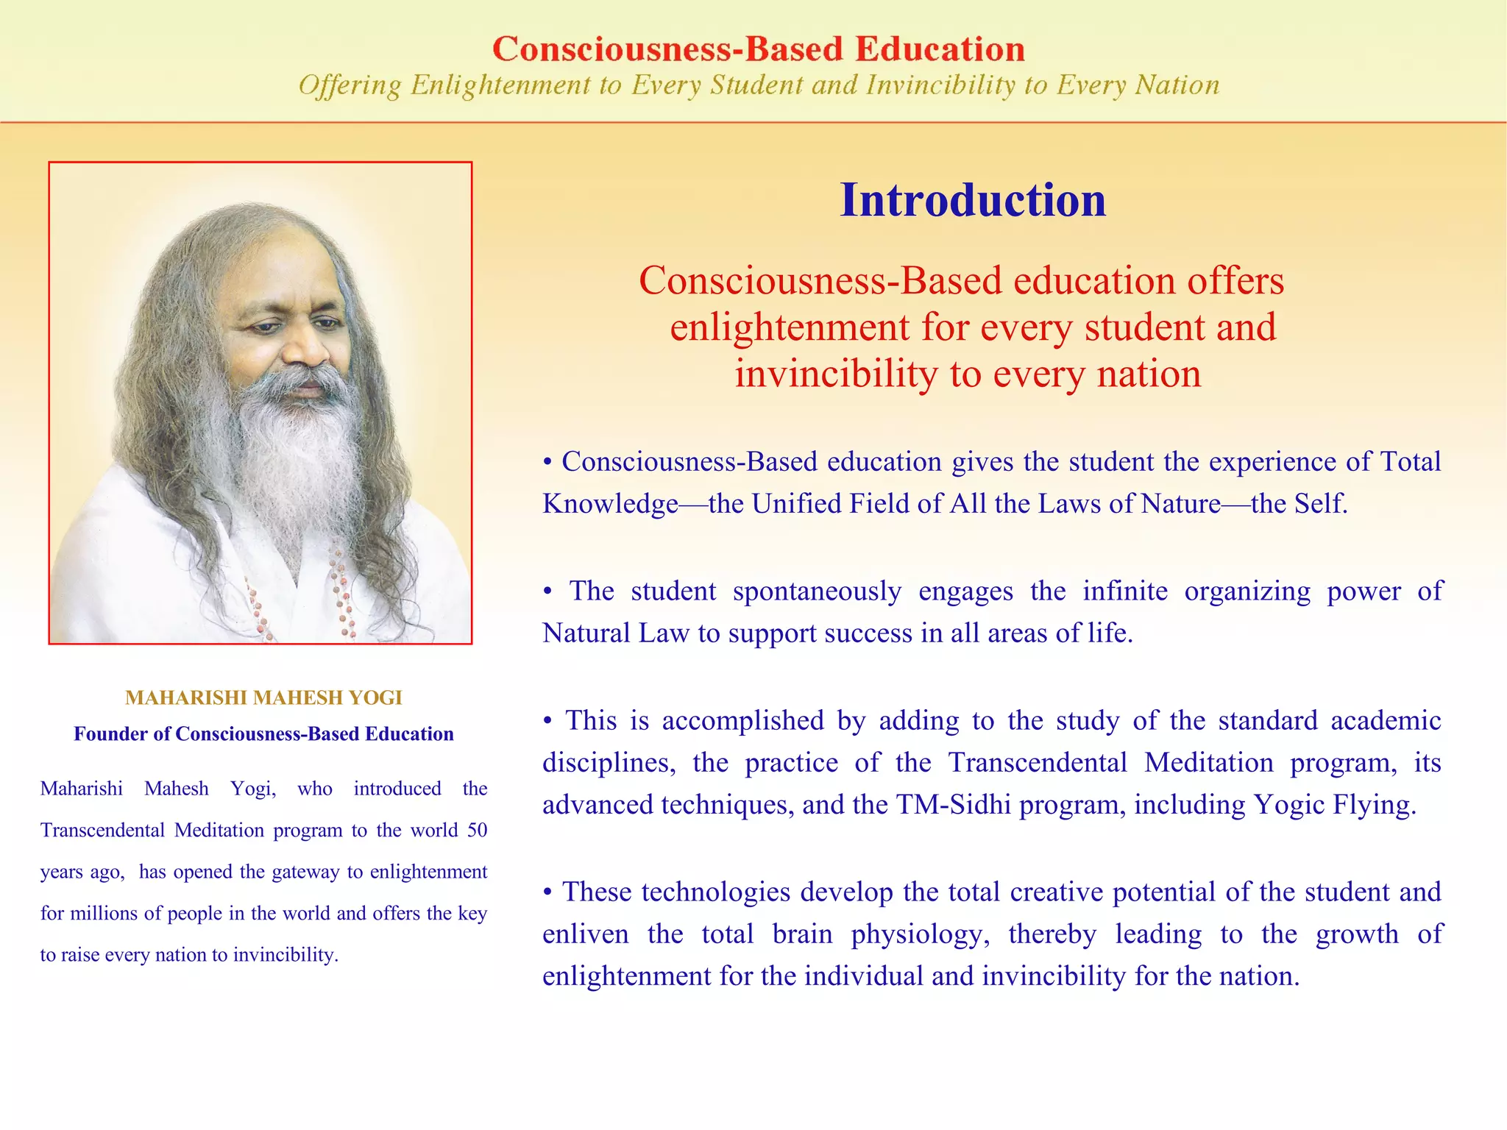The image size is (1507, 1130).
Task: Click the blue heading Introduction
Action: click(973, 200)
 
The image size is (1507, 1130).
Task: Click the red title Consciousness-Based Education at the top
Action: click(758, 49)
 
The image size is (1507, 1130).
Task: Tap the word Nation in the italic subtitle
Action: click(1177, 85)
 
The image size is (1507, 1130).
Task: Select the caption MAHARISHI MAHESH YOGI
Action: click(263, 697)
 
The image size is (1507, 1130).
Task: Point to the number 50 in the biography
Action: click(477, 831)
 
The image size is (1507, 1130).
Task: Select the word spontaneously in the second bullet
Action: click(817, 591)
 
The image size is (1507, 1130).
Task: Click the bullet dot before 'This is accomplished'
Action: click(547, 722)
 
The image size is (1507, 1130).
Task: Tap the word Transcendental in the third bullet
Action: click(1037, 763)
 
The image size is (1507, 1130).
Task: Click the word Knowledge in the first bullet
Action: click(610, 504)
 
